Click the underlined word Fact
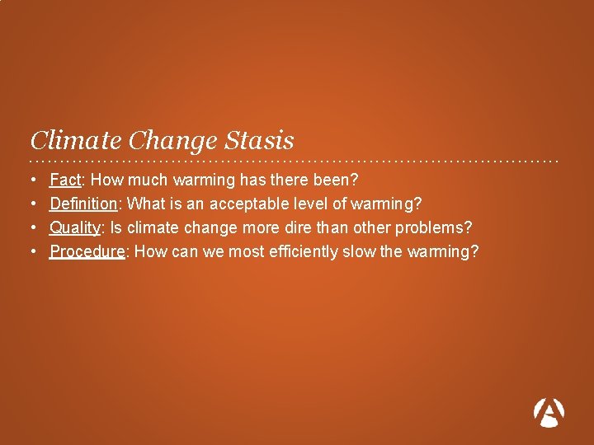(65, 180)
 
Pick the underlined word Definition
(83, 204)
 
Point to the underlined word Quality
(75, 227)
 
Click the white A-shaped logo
(549, 412)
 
